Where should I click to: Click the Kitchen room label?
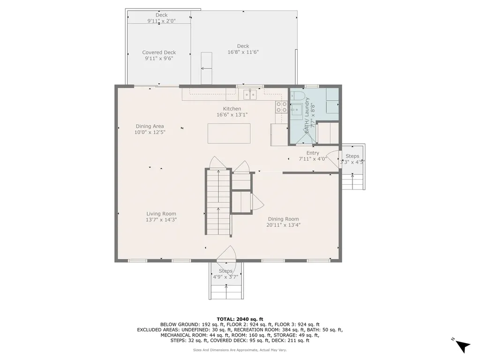[x=232, y=109]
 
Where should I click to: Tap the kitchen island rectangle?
[x=229, y=133]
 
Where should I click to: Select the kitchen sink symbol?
[x=250, y=94]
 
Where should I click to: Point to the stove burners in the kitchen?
[x=282, y=107]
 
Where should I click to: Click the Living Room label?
[x=161, y=214]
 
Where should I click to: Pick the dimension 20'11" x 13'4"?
[x=284, y=225]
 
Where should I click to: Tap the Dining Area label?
[x=150, y=126]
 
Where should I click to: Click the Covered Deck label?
[x=159, y=52]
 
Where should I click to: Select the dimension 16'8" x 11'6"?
[x=243, y=52]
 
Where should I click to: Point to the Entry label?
[x=313, y=153]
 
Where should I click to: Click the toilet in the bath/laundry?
[x=296, y=95]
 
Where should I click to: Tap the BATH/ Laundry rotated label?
[x=307, y=115]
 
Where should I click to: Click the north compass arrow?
[x=463, y=346]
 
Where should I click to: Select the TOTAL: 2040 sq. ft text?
[x=240, y=319]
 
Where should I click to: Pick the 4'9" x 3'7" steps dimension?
[x=225, y=277]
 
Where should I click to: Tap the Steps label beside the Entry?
[x=352, y=156]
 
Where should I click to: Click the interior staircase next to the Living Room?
[x=218, y=202]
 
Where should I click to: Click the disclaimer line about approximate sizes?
[x=240, y=350]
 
